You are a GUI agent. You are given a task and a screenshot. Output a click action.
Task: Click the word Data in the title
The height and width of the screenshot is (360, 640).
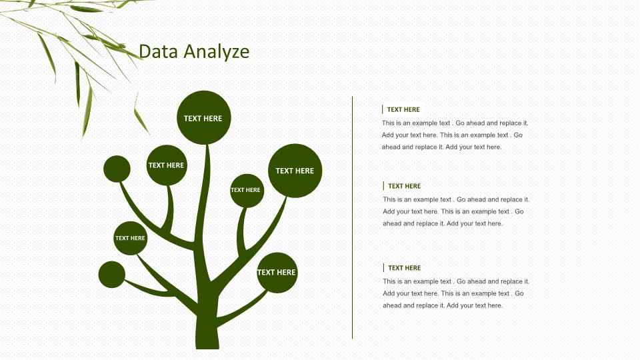(x=159, y=51)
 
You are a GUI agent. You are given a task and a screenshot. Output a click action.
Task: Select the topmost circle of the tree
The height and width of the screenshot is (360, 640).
(x=204, y=117)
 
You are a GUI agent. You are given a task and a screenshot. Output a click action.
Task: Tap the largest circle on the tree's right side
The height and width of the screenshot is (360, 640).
(x=295, y=171)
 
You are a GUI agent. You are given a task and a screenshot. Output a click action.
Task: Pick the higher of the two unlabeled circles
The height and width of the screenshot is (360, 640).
(x=117, y=169)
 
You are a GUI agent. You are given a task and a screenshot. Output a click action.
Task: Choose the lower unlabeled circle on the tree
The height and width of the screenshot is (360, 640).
(x=112, y=274)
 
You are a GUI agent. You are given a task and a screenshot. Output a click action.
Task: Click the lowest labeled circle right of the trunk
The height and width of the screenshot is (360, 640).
(x=277, y=273)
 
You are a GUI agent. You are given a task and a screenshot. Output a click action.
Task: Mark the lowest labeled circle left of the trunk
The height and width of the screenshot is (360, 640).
(x=130, y=238)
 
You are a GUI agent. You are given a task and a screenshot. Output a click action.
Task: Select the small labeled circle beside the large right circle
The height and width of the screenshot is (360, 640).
(x=247, y=191)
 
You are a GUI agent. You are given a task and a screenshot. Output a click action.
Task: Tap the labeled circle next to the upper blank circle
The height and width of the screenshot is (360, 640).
(x=167, y=165)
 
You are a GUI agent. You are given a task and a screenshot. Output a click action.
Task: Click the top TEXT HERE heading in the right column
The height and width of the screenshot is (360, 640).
(x=403, y=109)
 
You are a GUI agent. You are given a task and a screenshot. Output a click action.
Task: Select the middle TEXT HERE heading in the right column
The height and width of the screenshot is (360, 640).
(x=404, y=186)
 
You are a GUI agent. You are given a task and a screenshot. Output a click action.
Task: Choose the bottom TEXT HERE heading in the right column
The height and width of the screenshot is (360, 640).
(x=404, y=268)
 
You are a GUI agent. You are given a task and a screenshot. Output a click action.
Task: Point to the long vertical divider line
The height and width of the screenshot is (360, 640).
(x=352, y=217)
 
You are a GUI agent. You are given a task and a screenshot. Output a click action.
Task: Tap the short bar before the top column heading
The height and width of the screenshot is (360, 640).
(x=383, y=109)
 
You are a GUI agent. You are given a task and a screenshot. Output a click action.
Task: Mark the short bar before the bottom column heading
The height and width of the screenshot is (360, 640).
(x=384, y=268)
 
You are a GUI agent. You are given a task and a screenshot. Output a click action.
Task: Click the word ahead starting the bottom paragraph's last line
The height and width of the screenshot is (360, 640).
(x=392, y=305)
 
